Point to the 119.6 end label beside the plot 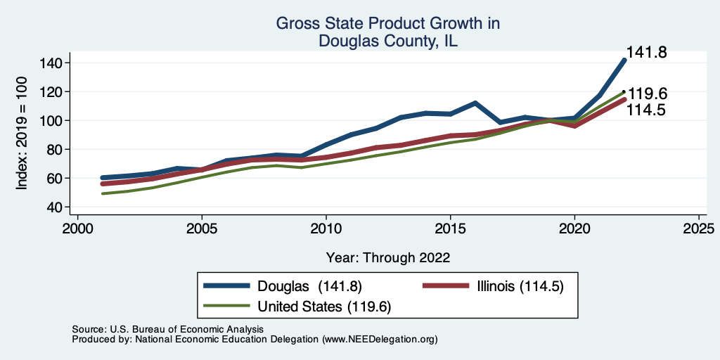click(x=647, y=94)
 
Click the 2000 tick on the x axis click(x=77, y=229)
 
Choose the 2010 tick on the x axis click(x=326, y=229)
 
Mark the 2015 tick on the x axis click(x=451, y=229)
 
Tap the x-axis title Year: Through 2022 click(x=388, y=257)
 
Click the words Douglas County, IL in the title click(x=388, y=41)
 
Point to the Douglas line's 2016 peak click(x=475, y=103)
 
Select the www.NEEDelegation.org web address click(x=380, y=339)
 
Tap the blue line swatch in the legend click(x=227, y=285)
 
